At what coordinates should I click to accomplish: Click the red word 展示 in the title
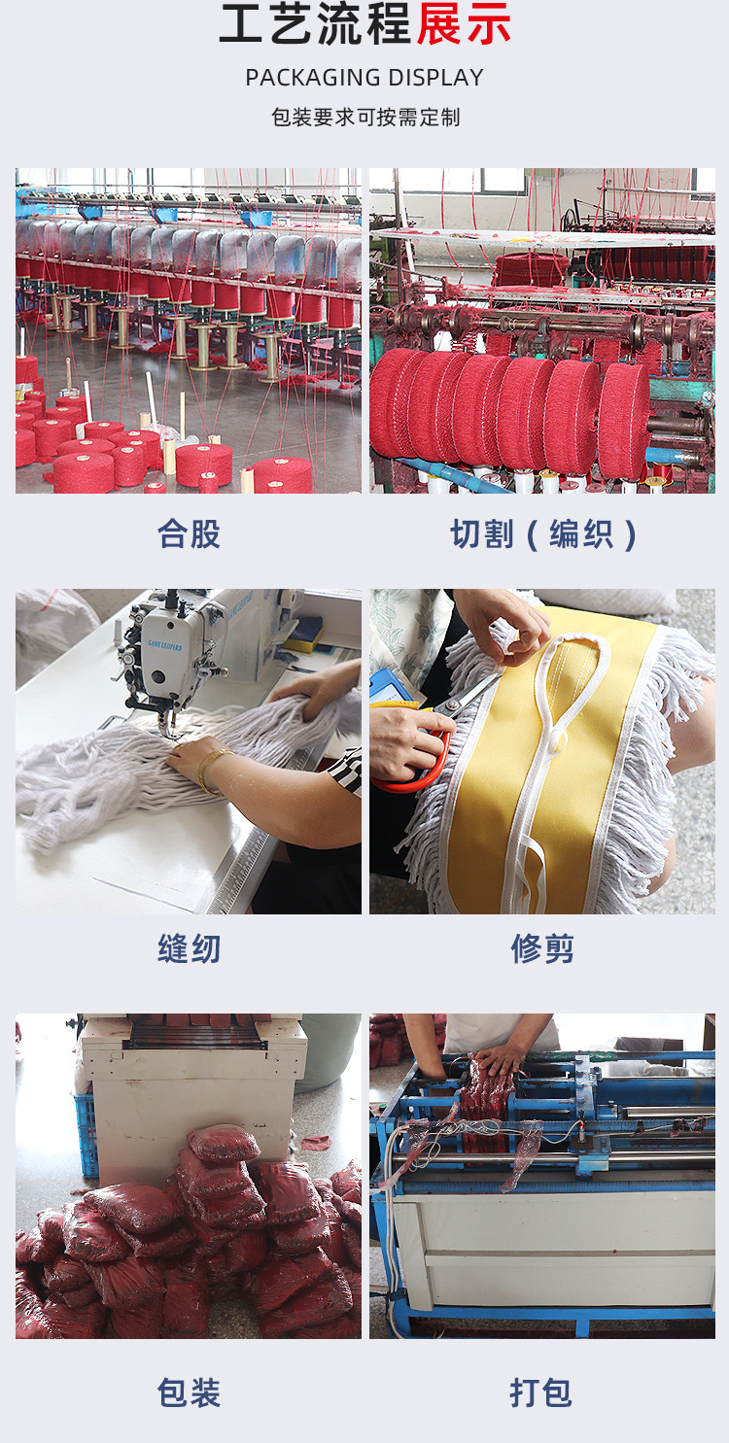pyautogui.click(x=464, y=24)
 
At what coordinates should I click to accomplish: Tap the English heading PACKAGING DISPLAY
pyautogui.click(x=364, y=78)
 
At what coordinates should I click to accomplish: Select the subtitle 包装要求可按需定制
pyautogui.click(x=364, y=118)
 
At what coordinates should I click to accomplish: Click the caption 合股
pyautogui.click(x=189, y=533)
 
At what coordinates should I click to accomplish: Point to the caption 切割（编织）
pyautogui.click(x=542, y=533)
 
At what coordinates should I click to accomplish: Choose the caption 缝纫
pyautogui.click(x=189, y=948)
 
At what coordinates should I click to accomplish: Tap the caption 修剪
pyautogui.click(x=542, y=948)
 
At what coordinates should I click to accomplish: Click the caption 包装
pyautogui.click(x=189, y=1392)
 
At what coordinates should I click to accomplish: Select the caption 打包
pyautogui.click(x=542, y=1392)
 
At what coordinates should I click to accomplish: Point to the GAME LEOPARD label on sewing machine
pyautogui.click(x=166, y=644)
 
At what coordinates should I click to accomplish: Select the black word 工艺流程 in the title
pyautogui.click(x=316, y=24)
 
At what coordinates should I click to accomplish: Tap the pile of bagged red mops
pyautogui.click(x=194, y=1244)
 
